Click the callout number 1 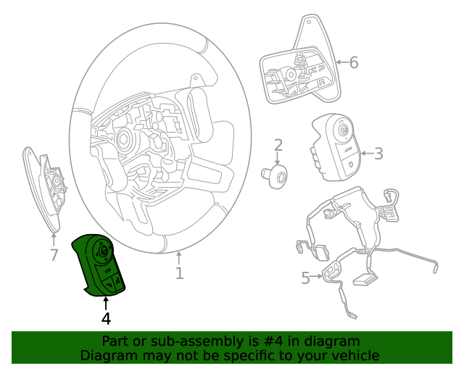(x=179, y=273)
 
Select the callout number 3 (x=378, y=153)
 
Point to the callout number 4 (x=106, y=318)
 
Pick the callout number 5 (x=305, y=277)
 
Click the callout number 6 (x=354, y=63)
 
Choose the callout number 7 (x=54, y=254)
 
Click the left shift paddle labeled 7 (x=43, y=188)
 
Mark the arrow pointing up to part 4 (x=106, y=303)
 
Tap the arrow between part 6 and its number (x=341, y=63)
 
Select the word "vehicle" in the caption (x=355, y=355)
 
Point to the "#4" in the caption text (x=270, y=341)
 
